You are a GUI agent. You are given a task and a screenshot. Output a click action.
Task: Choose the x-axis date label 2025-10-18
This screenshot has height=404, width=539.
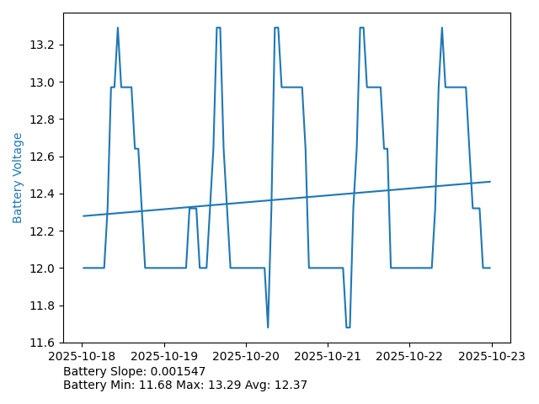83,356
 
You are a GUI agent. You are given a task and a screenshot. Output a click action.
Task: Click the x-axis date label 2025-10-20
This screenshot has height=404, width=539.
246,356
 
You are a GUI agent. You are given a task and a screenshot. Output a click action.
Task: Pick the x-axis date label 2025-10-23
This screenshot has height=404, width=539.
492,356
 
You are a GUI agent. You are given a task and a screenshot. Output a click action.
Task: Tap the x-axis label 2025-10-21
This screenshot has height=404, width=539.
328,356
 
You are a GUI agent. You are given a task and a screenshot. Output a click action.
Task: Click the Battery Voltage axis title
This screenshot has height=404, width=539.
18,177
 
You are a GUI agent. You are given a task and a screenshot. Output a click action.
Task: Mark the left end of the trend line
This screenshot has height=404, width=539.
83,216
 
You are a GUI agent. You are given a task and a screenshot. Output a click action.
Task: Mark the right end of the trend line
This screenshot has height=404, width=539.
490,182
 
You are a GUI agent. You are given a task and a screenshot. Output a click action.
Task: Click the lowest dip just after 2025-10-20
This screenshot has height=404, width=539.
268,327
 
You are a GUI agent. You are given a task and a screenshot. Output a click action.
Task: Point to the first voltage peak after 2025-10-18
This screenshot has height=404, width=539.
117,28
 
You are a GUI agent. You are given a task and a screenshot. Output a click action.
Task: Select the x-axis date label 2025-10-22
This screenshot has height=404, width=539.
409,356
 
